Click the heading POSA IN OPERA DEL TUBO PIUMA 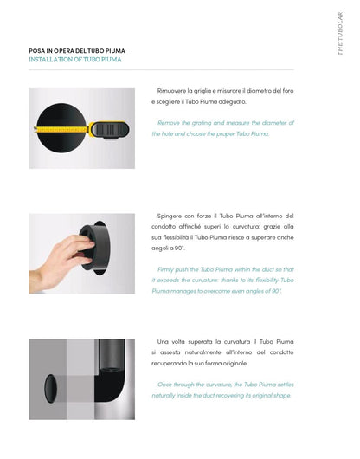point(77,51)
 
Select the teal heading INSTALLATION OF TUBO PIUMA point(75,60)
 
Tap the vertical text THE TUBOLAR point(340,34)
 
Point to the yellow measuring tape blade point(61,129)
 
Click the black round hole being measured point(61,127)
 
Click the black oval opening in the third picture point(50,389)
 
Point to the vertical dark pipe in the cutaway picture point(112,355)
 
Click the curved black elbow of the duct point(110,385)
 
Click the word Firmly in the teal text point(165,269)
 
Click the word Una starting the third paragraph point(163,342)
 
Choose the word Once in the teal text point(164,385)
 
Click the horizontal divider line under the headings point(161,70)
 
